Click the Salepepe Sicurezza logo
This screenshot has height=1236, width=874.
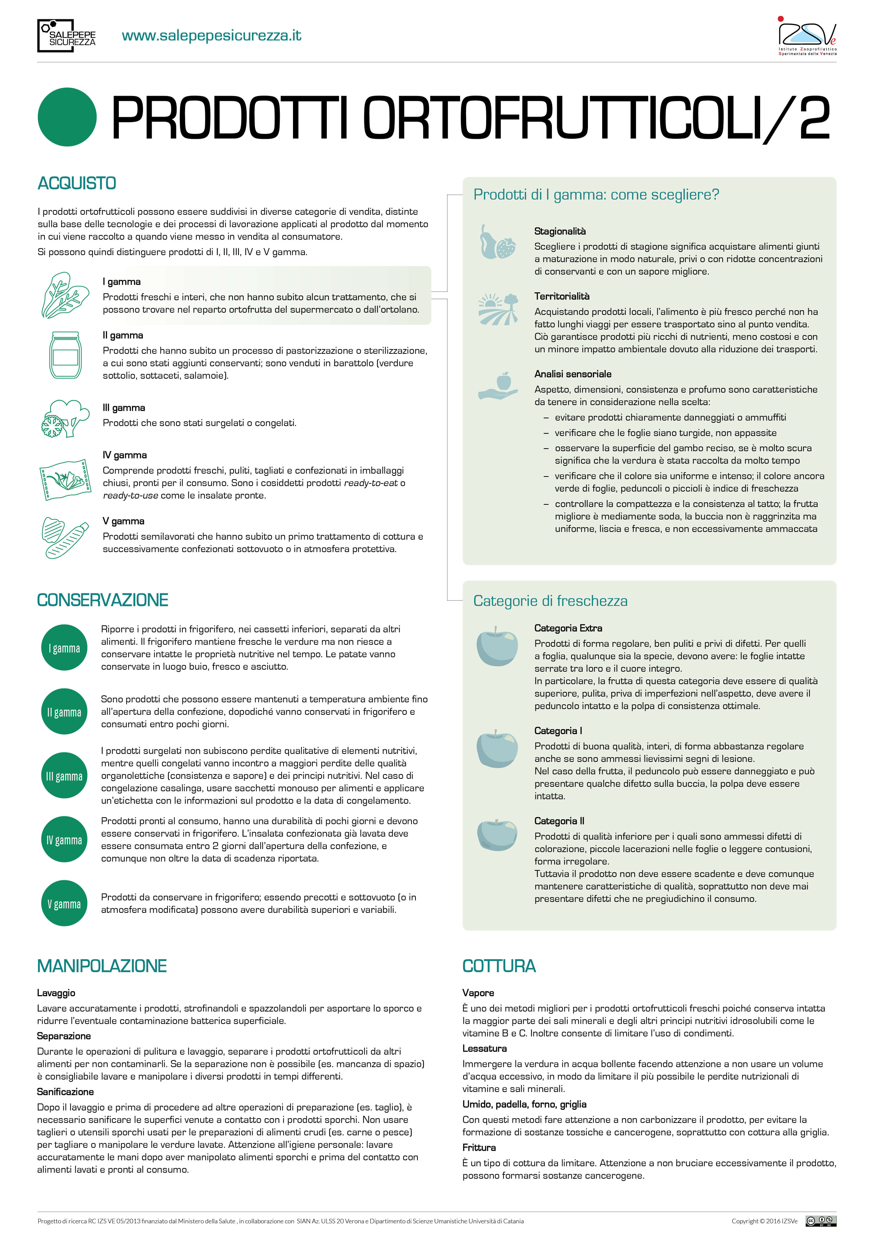67,36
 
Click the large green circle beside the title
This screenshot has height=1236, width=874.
67,117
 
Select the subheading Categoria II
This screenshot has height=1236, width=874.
559,821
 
